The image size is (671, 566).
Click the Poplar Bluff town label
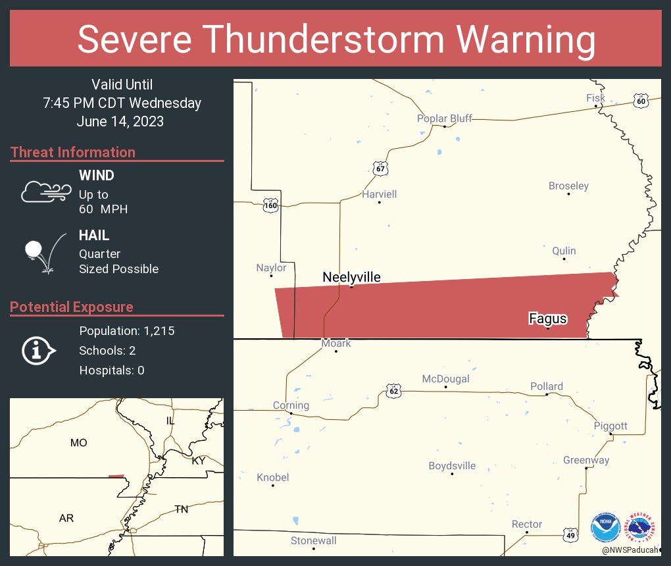(445, 118)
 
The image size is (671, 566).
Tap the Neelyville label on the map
(351, 277)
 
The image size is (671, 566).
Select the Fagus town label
(548, 319)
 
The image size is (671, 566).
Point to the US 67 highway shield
(380, 168)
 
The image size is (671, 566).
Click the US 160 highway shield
(270, 205)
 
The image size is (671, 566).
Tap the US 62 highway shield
(393, 390)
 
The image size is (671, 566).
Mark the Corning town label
(291, 405)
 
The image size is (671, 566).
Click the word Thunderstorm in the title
(336, 39)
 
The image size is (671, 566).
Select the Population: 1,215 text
(126, 331)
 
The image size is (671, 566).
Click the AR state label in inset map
(66, 518)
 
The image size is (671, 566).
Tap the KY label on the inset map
(199, 461)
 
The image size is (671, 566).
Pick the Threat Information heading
(73, 152)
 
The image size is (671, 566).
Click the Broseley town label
(568, 186)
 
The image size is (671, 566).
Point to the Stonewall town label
(314, 540)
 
